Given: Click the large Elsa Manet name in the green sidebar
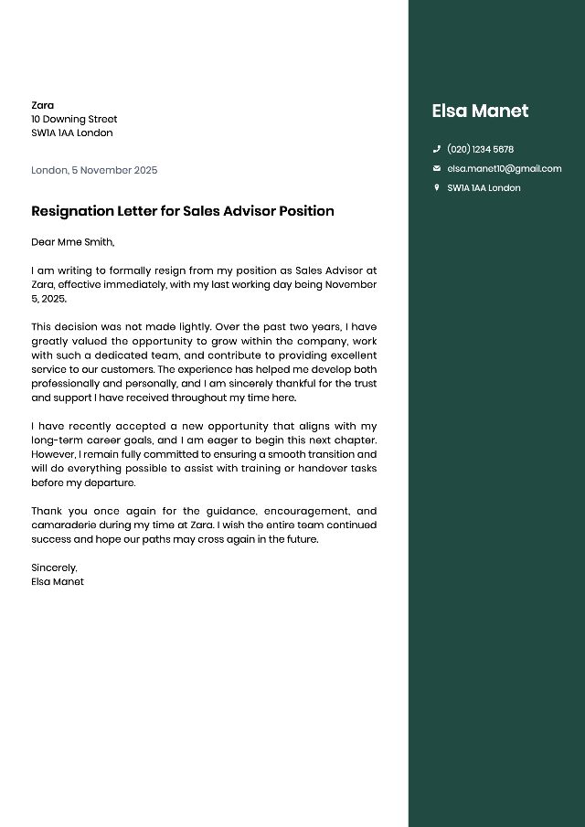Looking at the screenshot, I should [480, 111].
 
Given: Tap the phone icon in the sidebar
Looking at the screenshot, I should [437, 149].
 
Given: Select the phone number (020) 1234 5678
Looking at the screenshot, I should [480, 149].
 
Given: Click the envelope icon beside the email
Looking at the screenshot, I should [437, 168].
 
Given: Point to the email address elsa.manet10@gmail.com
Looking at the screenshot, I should [504, 168].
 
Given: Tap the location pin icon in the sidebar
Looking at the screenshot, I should [437, 187].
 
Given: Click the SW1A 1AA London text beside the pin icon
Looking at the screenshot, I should [484, 187].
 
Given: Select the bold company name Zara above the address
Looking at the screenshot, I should [42, 105].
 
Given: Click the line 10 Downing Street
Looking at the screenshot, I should [74, 119].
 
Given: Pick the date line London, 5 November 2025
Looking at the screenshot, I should [94, 170].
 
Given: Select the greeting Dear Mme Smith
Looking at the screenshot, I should [72, 242].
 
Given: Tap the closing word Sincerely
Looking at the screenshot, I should [54, 567].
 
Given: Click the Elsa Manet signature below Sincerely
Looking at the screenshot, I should [58, 581].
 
